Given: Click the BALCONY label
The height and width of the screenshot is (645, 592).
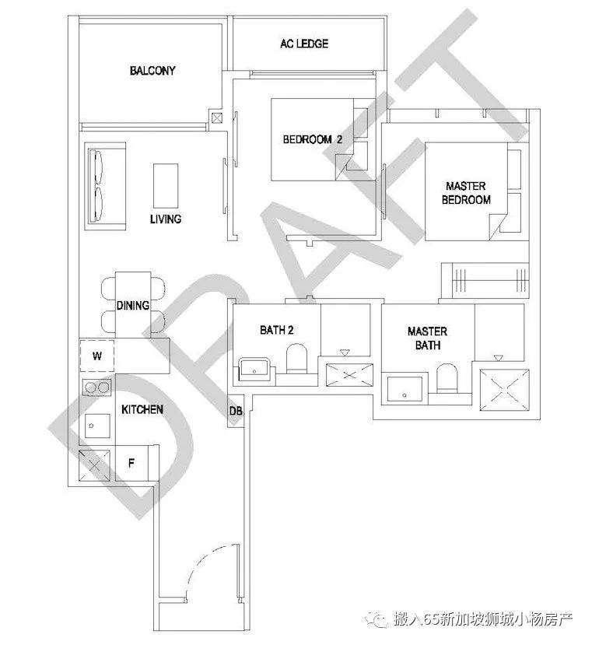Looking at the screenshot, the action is pos(152,71).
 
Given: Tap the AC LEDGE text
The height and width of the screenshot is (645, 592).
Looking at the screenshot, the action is pos(304,44).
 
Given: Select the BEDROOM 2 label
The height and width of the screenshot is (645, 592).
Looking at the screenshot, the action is pos(312,139).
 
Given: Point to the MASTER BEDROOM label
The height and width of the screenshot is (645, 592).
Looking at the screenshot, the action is pos(466,193).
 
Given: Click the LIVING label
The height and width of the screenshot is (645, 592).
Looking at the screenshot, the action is pos(166,219).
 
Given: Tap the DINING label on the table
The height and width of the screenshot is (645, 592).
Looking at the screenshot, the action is pos(132,305).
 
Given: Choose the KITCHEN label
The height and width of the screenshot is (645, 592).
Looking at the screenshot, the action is pos(142,409).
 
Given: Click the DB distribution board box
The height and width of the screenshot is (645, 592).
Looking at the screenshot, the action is pos(236,411).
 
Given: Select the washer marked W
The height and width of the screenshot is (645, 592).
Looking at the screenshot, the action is pos(96,356).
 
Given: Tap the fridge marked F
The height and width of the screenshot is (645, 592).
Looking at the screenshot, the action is pos(131,463).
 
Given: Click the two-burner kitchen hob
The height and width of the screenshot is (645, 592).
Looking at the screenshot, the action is pos(97,387).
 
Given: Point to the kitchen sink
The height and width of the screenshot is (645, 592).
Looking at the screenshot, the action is pos(97,426).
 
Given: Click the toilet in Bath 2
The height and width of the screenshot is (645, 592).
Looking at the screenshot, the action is pos(296,358).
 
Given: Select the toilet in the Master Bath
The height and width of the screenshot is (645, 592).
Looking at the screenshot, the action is pos(447,377).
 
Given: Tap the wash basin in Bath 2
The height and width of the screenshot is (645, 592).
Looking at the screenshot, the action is pos(254,367).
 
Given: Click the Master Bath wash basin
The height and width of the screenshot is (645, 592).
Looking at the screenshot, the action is pos(405,389).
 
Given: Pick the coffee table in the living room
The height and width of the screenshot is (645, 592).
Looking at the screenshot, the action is pos(166,185).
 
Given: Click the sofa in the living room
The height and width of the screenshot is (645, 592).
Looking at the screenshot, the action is pos(105,187).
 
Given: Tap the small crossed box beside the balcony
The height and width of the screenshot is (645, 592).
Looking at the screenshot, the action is pos(217,118).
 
